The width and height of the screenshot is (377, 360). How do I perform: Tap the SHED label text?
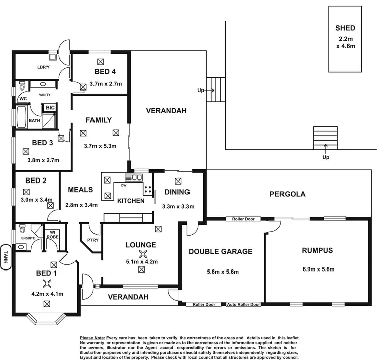345,28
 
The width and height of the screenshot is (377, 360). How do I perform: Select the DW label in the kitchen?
123,185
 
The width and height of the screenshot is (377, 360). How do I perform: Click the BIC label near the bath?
50,108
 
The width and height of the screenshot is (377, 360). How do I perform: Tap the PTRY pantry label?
91,240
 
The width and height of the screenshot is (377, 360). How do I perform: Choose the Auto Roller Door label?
243,304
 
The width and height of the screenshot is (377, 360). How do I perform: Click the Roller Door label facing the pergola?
243,219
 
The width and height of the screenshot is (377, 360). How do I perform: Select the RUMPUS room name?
318,250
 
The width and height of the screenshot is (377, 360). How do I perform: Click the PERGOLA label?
288,194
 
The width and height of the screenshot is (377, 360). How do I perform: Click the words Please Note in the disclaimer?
92,337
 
